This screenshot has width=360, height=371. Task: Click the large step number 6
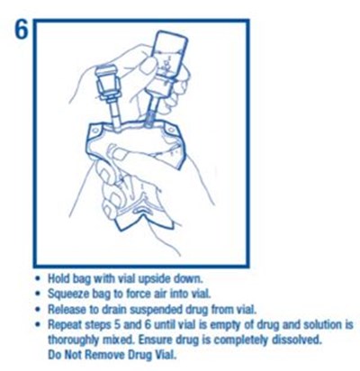21,31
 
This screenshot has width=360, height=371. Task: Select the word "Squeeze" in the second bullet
66,294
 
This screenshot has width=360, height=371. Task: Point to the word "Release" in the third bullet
67,309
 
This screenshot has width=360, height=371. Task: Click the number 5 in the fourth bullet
114,325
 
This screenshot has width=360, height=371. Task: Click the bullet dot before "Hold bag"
38,279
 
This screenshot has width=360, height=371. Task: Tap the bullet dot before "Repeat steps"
38,325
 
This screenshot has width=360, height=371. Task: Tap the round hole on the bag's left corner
95,131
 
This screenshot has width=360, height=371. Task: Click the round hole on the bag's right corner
171,130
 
